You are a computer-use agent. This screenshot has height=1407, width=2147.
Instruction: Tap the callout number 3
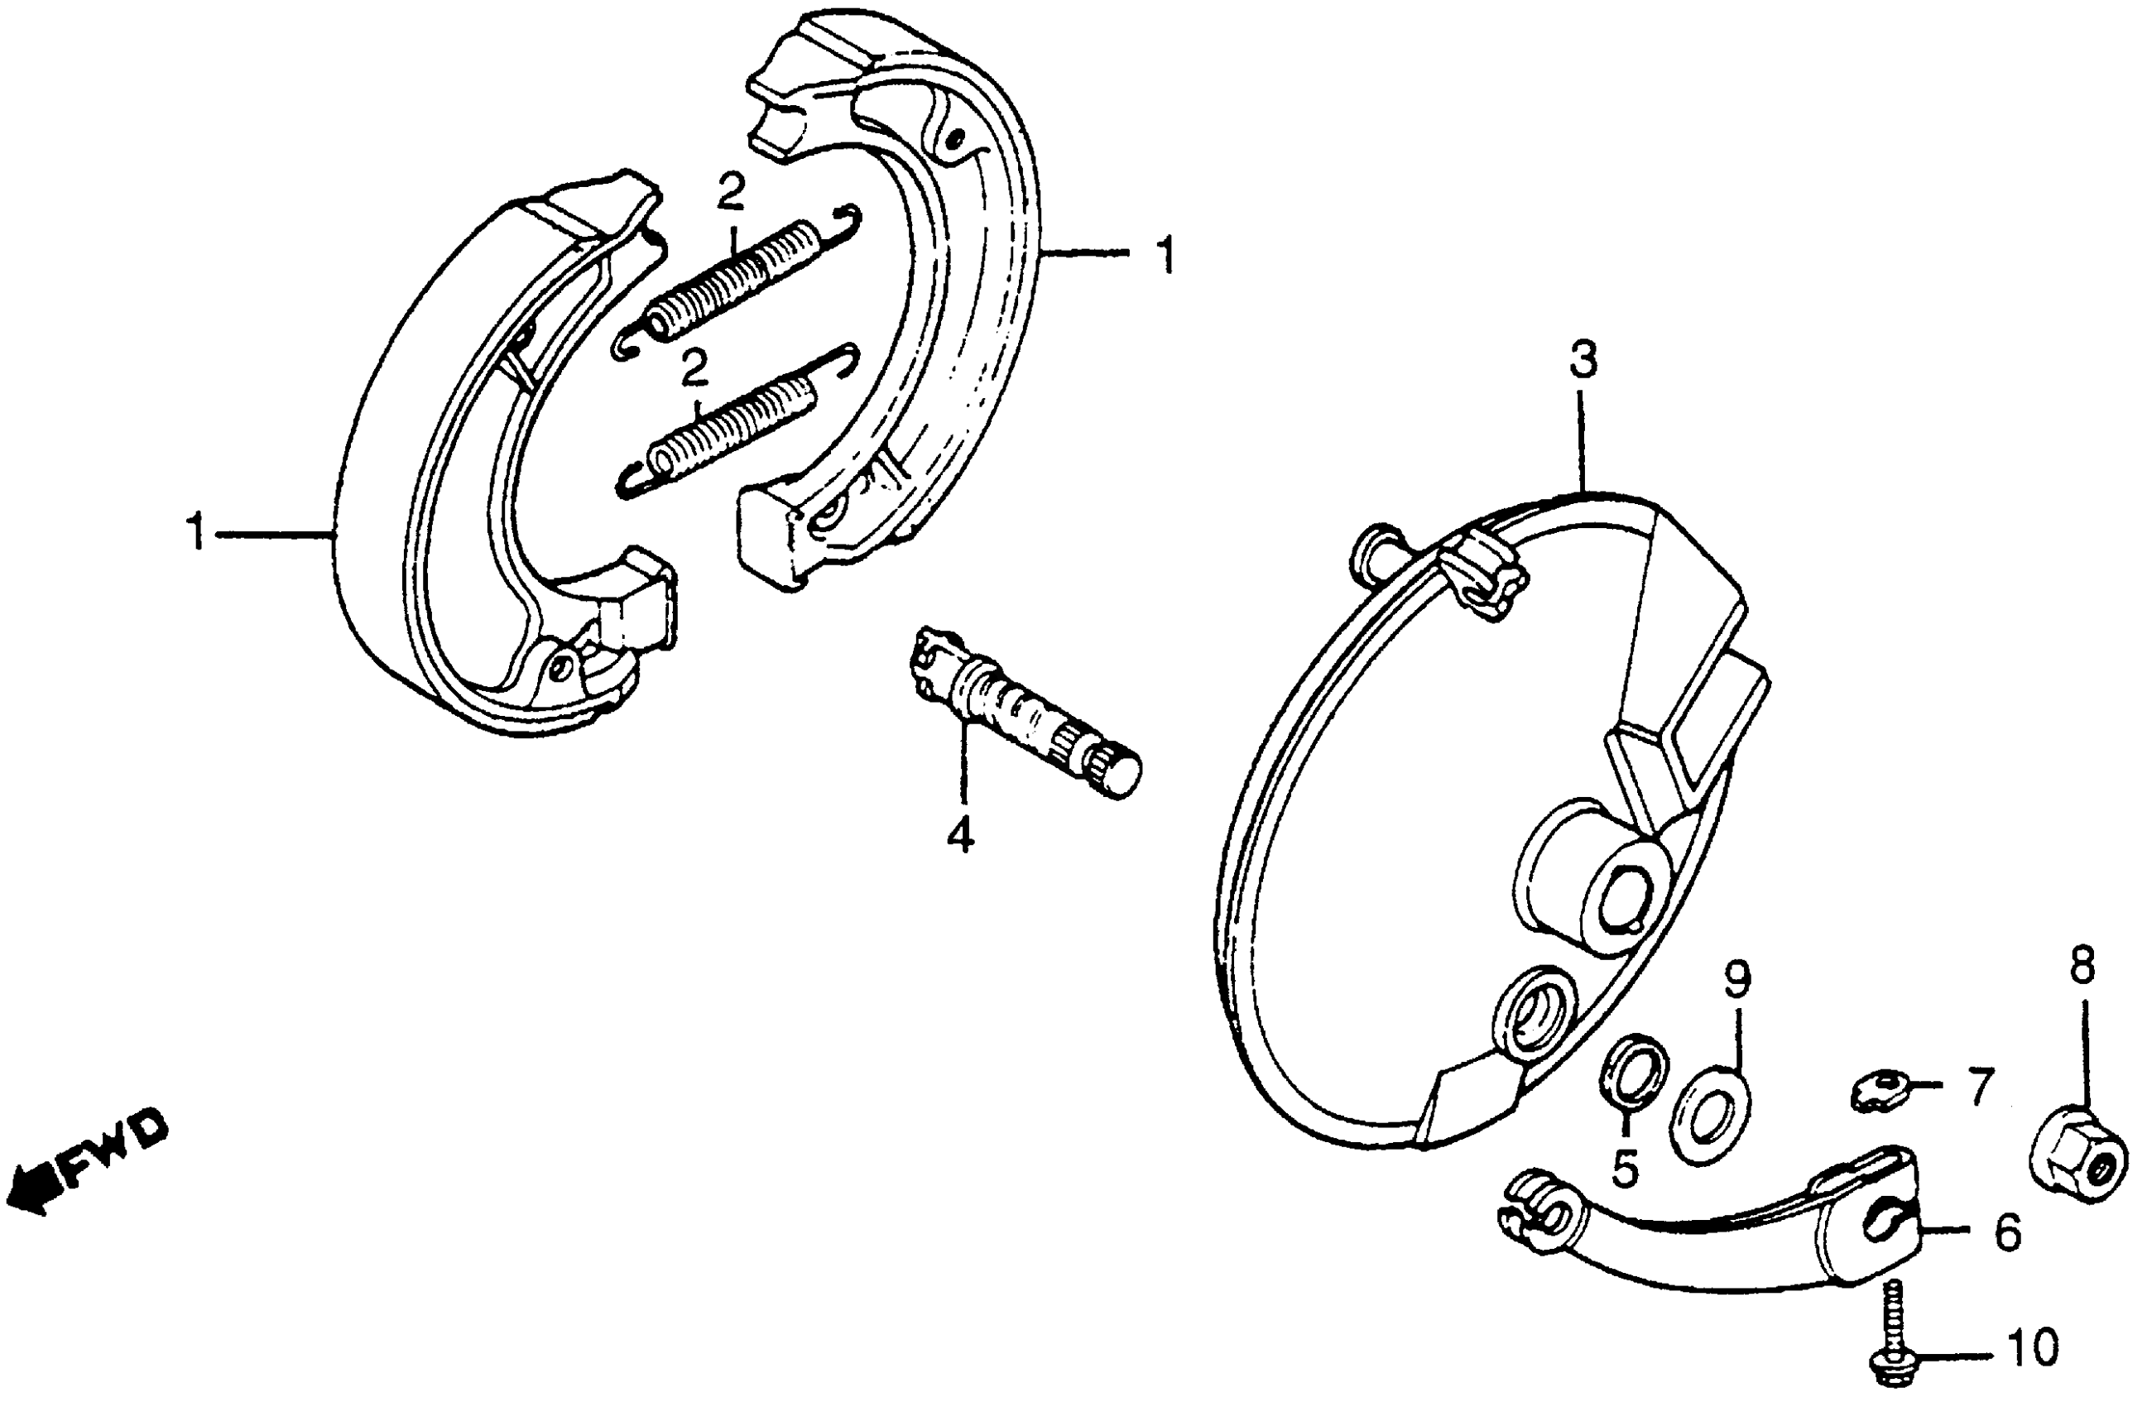click(1583, 360)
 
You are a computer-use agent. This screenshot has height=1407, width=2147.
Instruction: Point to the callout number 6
click(2008, 1234)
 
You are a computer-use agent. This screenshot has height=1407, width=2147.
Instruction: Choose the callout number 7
click(1979, 1087)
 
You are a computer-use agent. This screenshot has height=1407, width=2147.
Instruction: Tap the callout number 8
click(2083, 968)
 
